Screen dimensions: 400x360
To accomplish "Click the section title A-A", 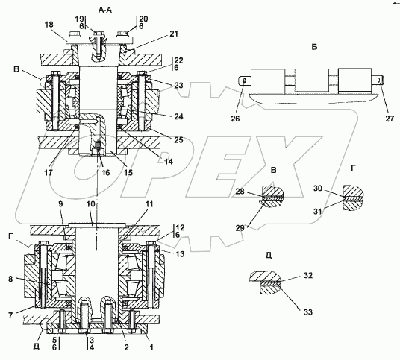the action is (x=105, y=10).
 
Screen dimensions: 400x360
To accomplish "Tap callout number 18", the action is (x=49, y=25).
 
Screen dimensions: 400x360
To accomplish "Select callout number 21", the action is (x=174, y=34).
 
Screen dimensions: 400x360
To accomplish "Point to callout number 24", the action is (x=178, y=116).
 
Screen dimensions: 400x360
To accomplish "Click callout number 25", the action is (x=178, y=139).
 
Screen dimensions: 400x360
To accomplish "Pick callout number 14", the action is (x=169, y=162).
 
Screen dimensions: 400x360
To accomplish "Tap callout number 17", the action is (x=49, y=173).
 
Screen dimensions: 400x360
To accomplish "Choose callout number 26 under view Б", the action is (x=235, y=119).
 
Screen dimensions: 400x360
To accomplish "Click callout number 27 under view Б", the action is (x=390, y=119).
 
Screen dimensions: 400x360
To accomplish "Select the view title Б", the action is (x=314, y=47).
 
